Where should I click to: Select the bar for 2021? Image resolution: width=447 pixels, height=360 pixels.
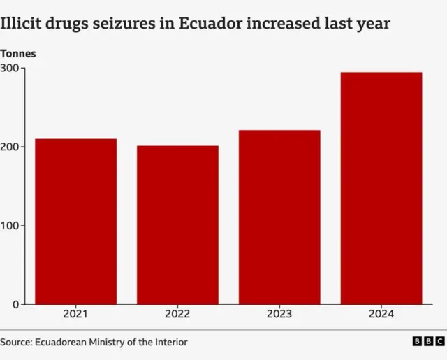pyautogui.click(x=76, y=222)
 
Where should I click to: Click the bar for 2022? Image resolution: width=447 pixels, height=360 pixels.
pyautogui.click(x=177, y=225)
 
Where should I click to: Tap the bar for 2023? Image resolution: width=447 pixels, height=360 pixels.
pyautogui.click(x=279, y=217)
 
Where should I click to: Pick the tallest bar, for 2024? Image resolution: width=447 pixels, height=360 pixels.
pyautogui.click(x=381, y=188)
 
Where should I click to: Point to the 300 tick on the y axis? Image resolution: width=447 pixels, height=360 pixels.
pyautogui.click(x=10, y=69)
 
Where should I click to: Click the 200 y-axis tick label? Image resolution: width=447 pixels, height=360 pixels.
pyautogui.click(x=10, y=147)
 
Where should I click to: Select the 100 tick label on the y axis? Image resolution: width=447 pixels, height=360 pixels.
pyautogui.click(x=10, y=226)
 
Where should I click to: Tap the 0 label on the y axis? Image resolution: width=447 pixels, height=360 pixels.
pyautogui.click(x=15, y=305)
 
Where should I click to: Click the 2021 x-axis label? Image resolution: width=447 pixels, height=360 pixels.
pyautogui.click(x=76, y=315)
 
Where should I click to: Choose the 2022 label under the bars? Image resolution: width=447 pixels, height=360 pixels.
pyautogui.click(x=177, y=315)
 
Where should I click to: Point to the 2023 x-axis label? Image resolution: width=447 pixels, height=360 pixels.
pyautogui.click(x=279, y=315)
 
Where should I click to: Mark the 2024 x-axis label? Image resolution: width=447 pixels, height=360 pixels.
pyautogui.click(x=381, y=315)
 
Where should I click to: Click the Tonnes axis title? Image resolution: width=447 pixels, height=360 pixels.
pyautogui.click(x=18, y=54)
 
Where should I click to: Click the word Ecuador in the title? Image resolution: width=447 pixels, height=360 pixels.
pyautogui.click(x=228, y=24)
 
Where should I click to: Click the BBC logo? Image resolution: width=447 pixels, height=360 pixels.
pyautogui.click(x=427, y=341)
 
